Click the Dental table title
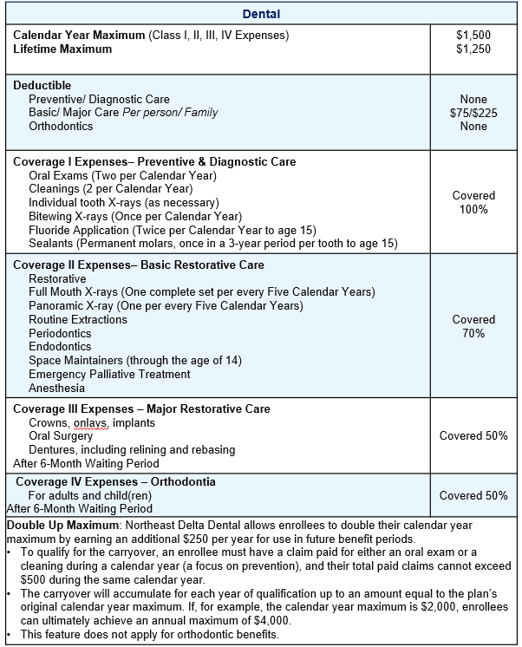261,14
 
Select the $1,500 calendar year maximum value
473,36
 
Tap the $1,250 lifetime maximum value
473,49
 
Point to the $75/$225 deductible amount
473,113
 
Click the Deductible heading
42,86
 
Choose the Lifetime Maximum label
62,49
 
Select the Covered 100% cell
473,202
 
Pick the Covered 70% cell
473,326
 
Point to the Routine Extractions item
78,319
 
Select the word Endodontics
60,347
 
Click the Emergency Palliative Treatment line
109,374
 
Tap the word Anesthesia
56,388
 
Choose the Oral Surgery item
63,436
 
